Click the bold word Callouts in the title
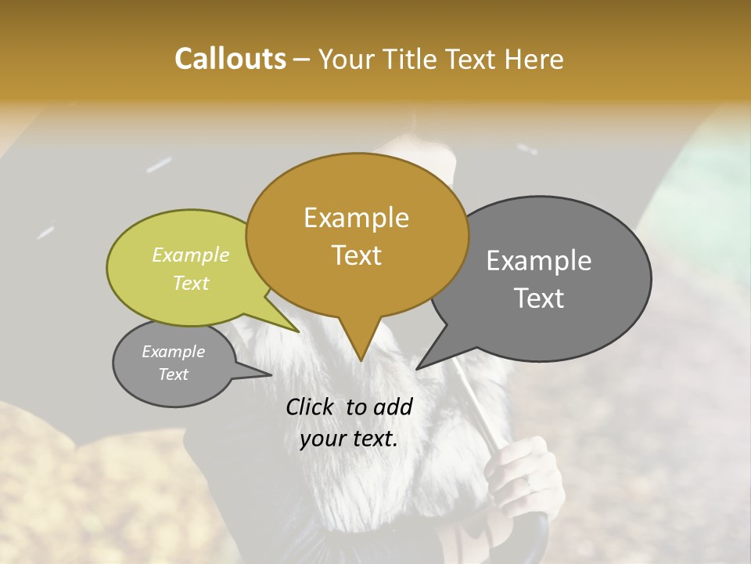tap(231, 59)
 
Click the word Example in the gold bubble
tap(357, 218)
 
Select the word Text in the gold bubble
tap(357, 255)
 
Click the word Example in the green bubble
tap(191, 255)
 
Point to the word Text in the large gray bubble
tap(540, 298)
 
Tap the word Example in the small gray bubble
tap(174, 352)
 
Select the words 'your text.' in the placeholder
tap(349, 439)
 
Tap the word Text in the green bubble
tap(191, 283)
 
